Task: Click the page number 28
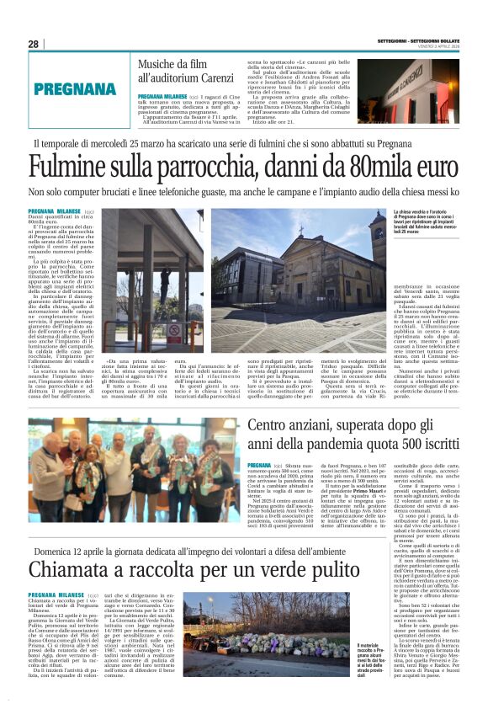(34, 43)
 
